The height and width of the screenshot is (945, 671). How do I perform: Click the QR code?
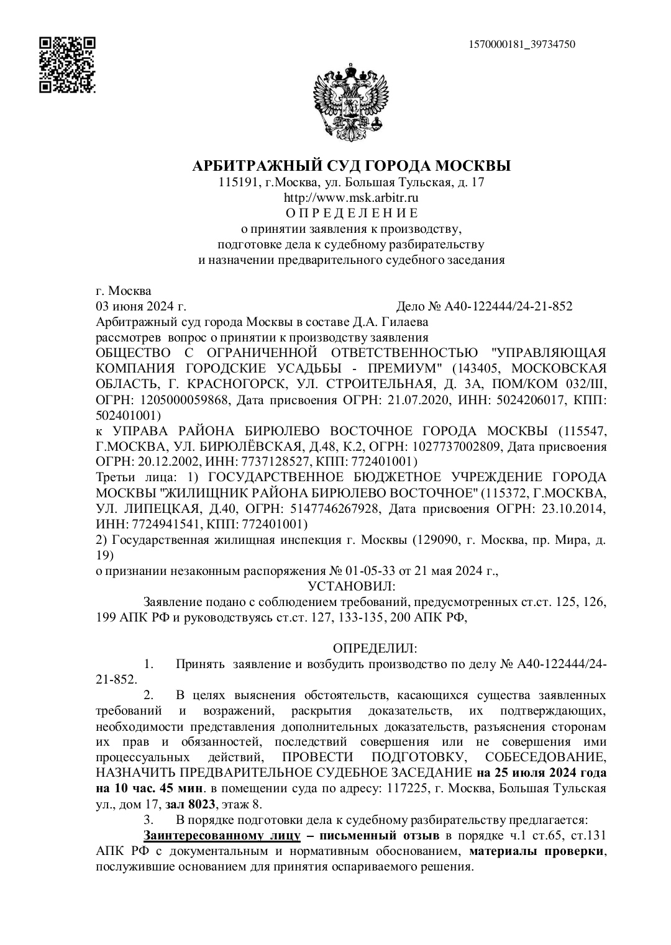tap(67, 65)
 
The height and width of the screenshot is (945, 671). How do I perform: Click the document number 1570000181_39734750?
tap(522, 44)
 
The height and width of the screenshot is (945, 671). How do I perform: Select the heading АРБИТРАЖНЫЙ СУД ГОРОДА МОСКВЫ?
tap(352, 166)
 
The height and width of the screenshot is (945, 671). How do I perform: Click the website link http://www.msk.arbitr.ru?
tap(351, 198)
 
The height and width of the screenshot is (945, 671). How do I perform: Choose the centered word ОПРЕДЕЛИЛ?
tap(375, 649)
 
